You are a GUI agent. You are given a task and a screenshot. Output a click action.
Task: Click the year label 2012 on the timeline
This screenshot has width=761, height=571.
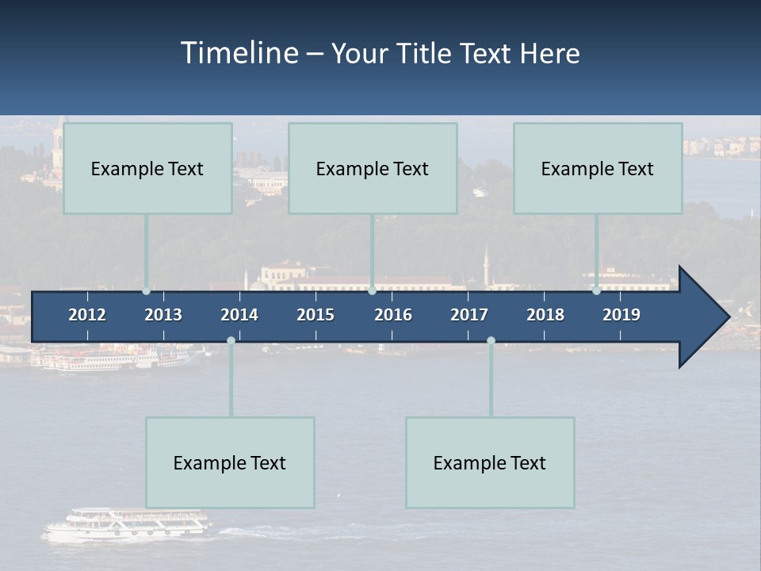[x=87, y=315]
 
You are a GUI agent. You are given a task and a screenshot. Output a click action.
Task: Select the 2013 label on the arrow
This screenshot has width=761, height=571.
[x=163, y=315]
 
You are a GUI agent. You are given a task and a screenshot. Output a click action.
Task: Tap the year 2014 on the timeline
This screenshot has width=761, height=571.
[x=239, y=315]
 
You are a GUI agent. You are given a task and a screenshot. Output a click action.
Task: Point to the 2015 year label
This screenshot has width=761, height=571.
[x=315, y=315]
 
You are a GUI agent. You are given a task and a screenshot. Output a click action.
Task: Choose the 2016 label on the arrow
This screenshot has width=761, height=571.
[x=393, y=315]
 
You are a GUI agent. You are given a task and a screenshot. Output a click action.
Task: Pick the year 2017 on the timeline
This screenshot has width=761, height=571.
[x=469, y=315]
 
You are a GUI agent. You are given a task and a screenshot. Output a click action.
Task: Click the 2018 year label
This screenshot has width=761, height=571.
[x=545, y=315]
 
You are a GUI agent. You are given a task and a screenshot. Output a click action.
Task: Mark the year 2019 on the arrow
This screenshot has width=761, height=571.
[x=621, y=315]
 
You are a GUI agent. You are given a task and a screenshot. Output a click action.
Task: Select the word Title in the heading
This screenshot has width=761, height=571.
[x=424, y=53]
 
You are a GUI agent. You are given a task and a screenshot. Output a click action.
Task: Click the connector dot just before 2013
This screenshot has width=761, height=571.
[x=146, y=291]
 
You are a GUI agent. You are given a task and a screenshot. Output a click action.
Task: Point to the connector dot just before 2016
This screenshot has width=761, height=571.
[x=372, y=291]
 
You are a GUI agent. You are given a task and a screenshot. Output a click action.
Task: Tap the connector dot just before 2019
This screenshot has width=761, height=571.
[x=596, y=291]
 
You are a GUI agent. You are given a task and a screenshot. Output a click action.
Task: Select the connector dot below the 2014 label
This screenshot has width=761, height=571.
[x=231, y=341]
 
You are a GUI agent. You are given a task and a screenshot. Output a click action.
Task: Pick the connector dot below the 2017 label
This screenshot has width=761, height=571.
[x=491, y=341]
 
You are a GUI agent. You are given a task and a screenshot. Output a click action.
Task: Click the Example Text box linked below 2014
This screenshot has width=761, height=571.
[x=230, y=462]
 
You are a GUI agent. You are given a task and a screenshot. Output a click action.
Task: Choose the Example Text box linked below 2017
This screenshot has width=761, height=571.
[x=490, y=462]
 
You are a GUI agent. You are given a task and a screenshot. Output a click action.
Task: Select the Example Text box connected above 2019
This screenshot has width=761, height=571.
[x=598, y=168]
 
